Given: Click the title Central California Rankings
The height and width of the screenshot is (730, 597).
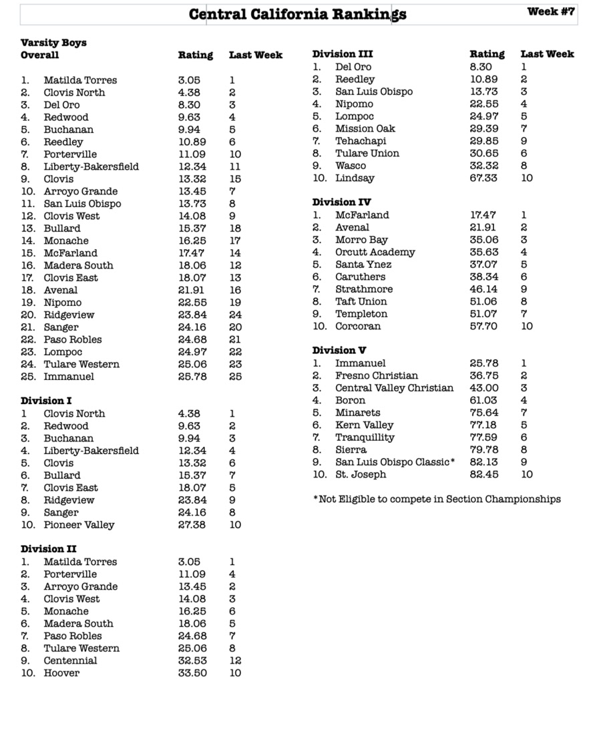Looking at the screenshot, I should (297, 14).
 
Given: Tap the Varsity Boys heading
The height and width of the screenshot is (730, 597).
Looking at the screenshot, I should (53, 43).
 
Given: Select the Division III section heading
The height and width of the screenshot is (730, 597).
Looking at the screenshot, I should (343, 54).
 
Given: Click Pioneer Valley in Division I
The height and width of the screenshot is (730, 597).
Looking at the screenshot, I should (79, 525).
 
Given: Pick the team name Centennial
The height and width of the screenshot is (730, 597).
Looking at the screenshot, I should (70, 661).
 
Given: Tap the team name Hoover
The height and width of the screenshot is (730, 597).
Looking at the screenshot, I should (61, 673).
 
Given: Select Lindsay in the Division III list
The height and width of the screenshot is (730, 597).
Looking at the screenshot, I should (355, 178).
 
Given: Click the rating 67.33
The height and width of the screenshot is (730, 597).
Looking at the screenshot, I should (483, 178).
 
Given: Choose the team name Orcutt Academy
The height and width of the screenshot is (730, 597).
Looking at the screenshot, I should (375, 252).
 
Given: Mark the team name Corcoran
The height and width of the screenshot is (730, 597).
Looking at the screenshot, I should (358, 327).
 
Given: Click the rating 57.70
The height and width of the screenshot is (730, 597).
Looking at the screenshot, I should (483, 327).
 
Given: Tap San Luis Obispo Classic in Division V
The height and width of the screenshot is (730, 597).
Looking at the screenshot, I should (395, 462).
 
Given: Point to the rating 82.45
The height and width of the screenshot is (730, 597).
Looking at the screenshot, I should (483, 475).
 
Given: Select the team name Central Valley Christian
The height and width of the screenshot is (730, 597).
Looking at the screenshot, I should (394, 388).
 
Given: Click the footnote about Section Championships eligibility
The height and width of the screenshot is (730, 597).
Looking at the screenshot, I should (437, 500).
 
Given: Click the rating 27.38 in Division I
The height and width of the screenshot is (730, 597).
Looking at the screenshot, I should (192, 525).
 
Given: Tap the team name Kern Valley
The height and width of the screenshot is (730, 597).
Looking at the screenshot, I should (364, 425).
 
